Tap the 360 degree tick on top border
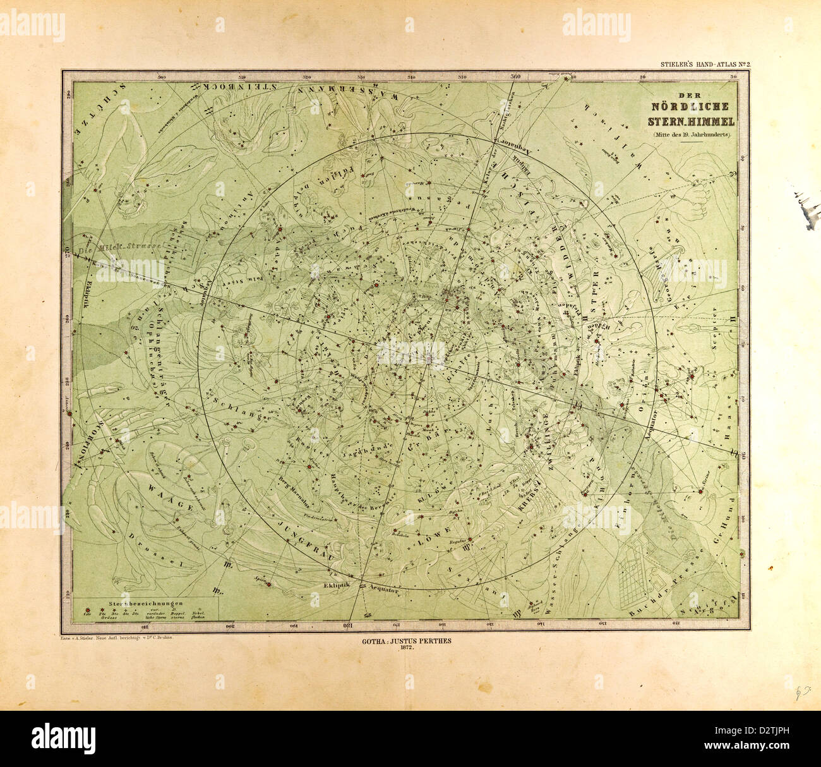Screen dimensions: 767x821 515,77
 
